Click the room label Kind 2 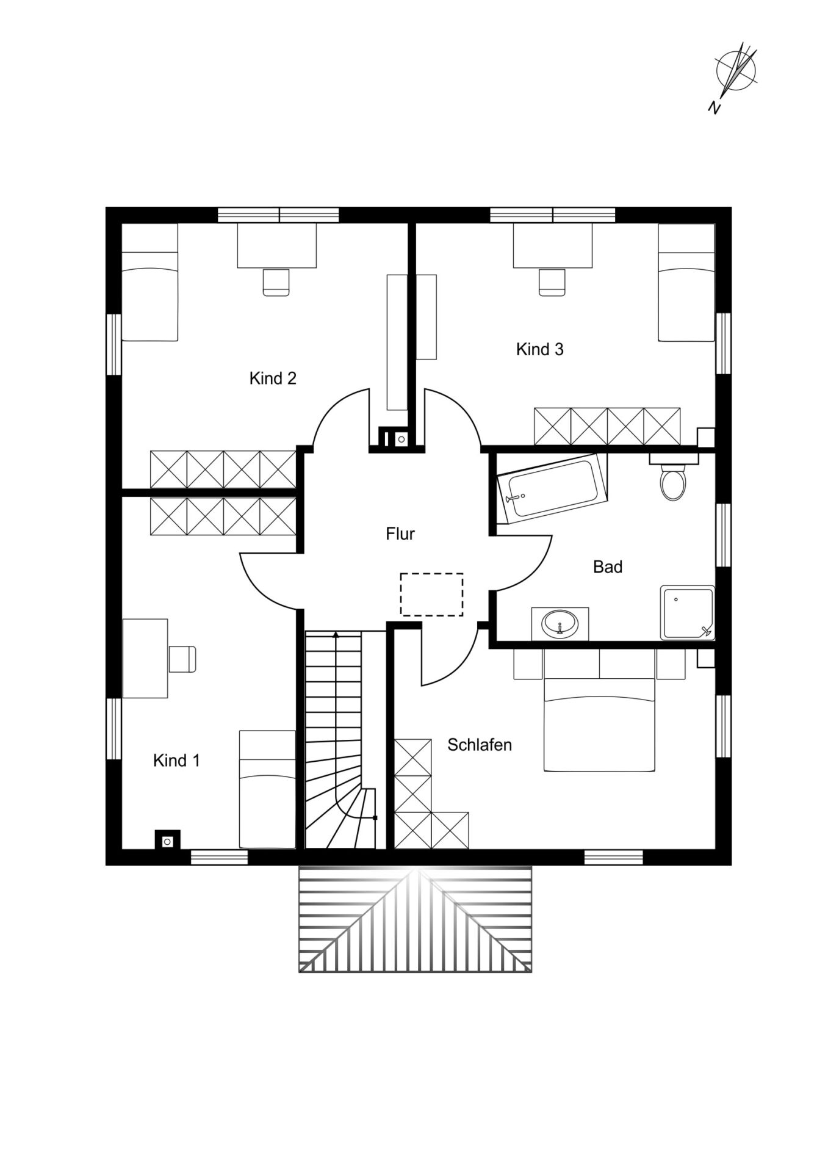pyautogui.click(x=273, y=378)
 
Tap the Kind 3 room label pyautogui.click(x=540, y=349)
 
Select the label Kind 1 pyautogui.click(x=176, y=761)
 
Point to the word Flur pyautogui.click(x=400, y=534)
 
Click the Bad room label pyautogui.click(x=608, y=567)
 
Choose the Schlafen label pyautogui.click(x=480, y=745)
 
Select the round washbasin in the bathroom pyautogui.click(x=560, y=624)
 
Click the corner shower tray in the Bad pyautogui.click(x=687, y=613)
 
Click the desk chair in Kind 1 pyautogui.click(x=182, y=659)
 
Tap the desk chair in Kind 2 pyautogui.click(x=276, y=282)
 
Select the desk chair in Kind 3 pyautogui.click(x=553, y=282)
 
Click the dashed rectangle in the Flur pyautogui.click(x=431, y=595)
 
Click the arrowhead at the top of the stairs pyautogui.click(x=335, y=635)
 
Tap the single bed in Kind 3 pyautogui.click(x=686, y=283)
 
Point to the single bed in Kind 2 pyautogui.click(x=149, y=282)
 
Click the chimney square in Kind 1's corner pyautogui.click(x=167, y=840)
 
